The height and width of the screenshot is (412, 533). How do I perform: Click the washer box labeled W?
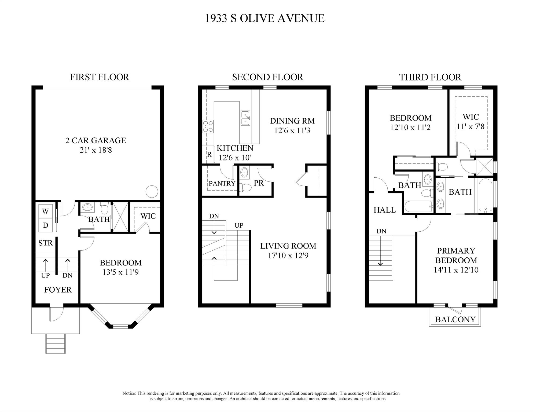click(x=45, y=212)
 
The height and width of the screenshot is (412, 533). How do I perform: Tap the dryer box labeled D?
click(x=45, y=225)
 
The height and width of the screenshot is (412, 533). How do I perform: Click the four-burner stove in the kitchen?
click(x=208, y=126)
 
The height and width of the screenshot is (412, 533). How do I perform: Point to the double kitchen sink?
click(x=245, y=118)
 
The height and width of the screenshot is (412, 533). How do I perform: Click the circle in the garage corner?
click(x=152, y=192)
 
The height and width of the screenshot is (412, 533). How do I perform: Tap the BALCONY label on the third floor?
click(x=455, y=319)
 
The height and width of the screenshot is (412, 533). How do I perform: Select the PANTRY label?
click(x=222, y=183)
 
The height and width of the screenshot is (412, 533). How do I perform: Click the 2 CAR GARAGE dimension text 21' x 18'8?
click(x=96, y=150)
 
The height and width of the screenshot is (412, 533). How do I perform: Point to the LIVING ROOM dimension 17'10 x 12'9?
click(x=288, y=256)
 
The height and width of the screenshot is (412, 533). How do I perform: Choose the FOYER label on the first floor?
click(x=58, y=290)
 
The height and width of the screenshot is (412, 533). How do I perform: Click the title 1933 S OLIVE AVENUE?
click(x=265, y=18)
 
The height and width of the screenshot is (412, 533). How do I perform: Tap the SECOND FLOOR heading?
click(x=268, y=77)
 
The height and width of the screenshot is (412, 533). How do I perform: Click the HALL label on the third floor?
click(x=385, y=210)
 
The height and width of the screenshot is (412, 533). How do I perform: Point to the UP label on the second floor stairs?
click(x=239, y=226)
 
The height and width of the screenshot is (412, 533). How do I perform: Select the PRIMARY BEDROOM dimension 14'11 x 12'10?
click(x=456, y=270)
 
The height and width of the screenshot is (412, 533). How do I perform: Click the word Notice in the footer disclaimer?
click(x=129, y=393)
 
